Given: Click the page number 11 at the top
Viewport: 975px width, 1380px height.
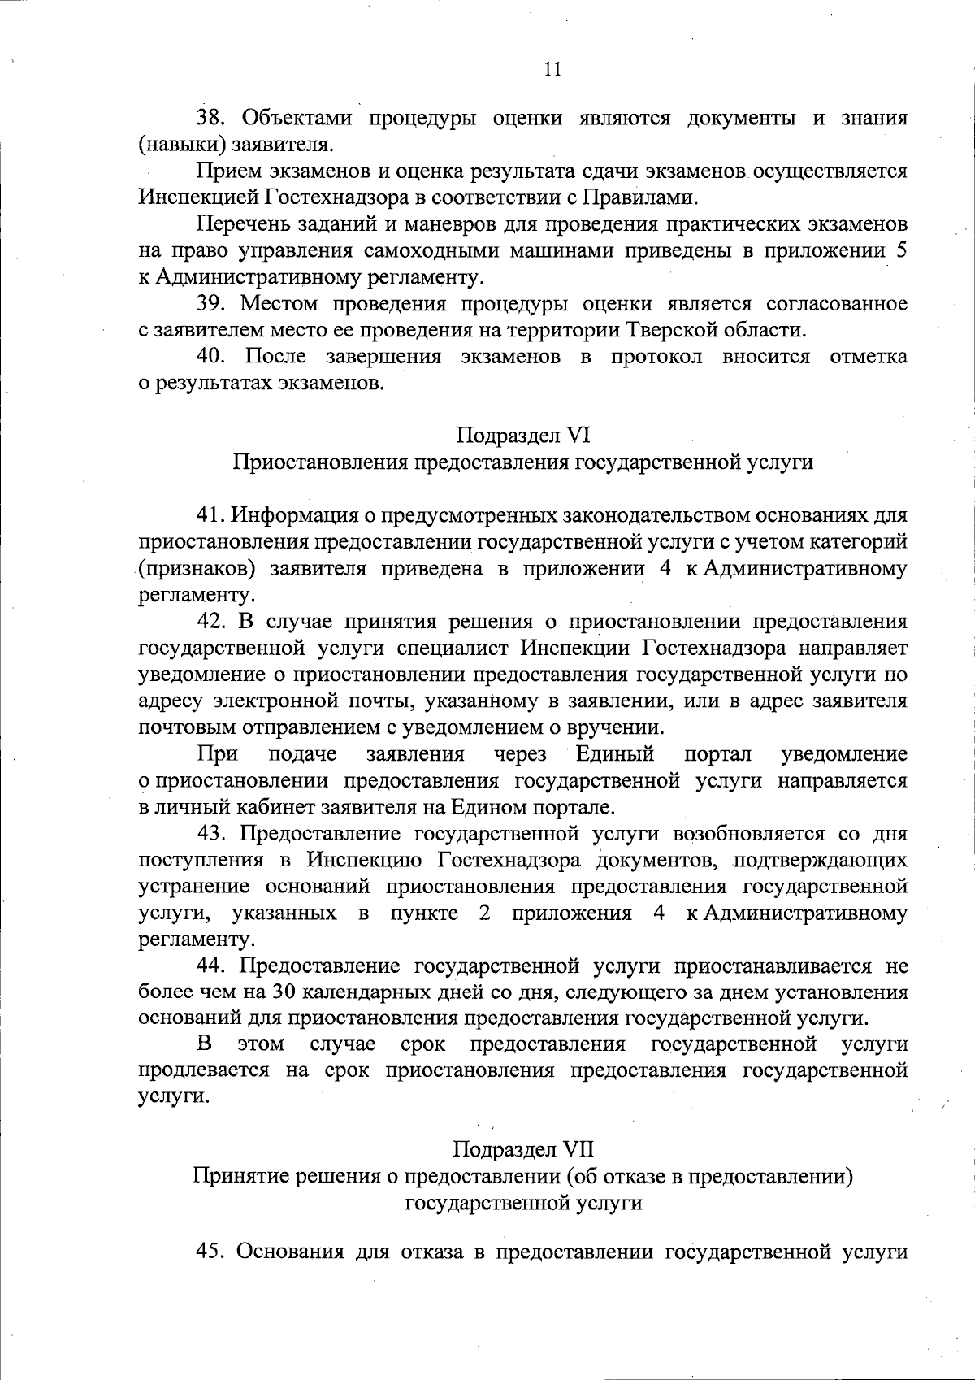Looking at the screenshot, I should tap(552, 69).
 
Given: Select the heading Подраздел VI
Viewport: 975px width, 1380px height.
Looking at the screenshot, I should tap(522, 436).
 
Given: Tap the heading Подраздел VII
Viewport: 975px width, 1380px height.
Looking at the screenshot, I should tap(522, 1149).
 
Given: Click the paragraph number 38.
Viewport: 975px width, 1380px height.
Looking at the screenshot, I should tap(213, 119).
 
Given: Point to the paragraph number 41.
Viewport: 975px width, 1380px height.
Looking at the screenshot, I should tap(213, 515).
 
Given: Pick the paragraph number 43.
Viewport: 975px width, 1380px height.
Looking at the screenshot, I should tap(213, 834).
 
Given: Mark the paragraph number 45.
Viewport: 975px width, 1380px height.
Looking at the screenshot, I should tap(213, 1252).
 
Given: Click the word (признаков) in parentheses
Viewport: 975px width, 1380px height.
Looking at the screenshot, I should tap(192, 568).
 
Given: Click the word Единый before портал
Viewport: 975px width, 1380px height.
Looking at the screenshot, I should tap(615, 754).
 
